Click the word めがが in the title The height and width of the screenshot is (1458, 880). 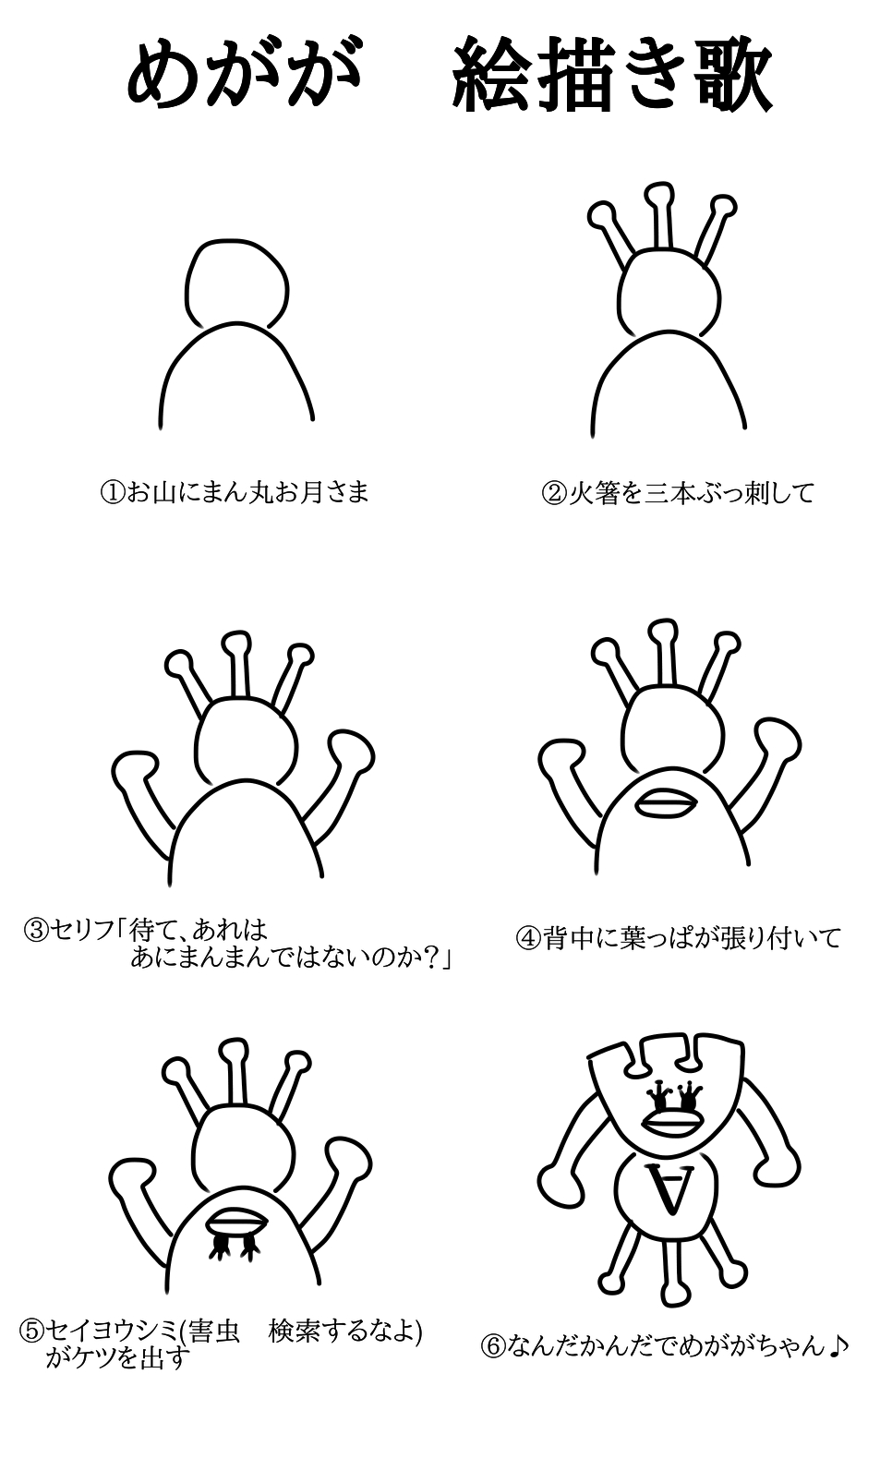[x=244, y=73]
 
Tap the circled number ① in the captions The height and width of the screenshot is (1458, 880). [x=112, y=492]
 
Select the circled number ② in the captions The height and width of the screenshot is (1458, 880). [x=554, y=493]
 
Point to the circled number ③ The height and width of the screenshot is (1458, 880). [x=35, y=930]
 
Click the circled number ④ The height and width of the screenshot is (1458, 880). [x=528, y=939]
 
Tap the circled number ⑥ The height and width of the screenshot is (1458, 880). [x=493, y=1345]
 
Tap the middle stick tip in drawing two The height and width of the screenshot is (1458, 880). [x=657, y=193]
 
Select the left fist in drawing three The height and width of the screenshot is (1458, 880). [x=135, y=771]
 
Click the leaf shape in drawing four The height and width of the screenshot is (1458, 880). [x=667, y=803]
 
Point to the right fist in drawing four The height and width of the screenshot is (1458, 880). [x=778, y=739]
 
